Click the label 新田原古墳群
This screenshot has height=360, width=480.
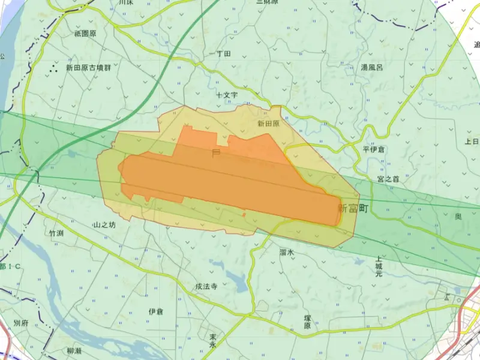click(88, 68)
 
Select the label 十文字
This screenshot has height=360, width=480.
click(227, 95)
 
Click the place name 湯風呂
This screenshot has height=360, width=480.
click(371, 68)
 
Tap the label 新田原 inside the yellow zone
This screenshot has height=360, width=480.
click(268, 124)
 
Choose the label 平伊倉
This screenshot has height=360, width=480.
click(374, 149)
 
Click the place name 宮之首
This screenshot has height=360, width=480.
click(388, 179)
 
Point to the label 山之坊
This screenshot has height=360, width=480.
click(104, 225)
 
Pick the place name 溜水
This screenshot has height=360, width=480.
click(287, 253)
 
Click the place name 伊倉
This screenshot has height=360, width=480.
click(155, 311)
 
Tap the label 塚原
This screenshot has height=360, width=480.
click(307, 322)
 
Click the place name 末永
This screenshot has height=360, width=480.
click(212, 341)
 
